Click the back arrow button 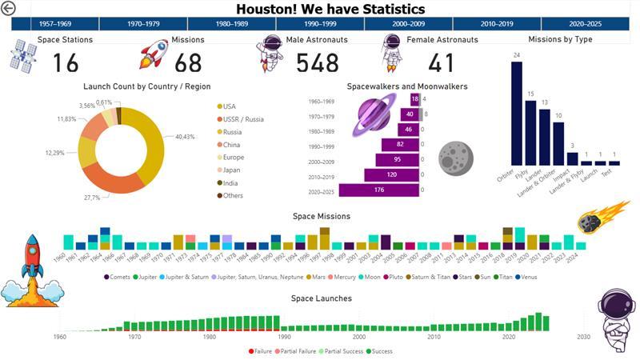[x=9, y=9]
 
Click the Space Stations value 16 [x=66, y=62]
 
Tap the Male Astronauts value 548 [x=322, y=62]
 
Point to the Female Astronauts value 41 [x=441, y=62]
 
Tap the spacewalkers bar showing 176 [x=379, y=190]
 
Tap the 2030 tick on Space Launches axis [x=583, y=337]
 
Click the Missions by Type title [x=560, y=39]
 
